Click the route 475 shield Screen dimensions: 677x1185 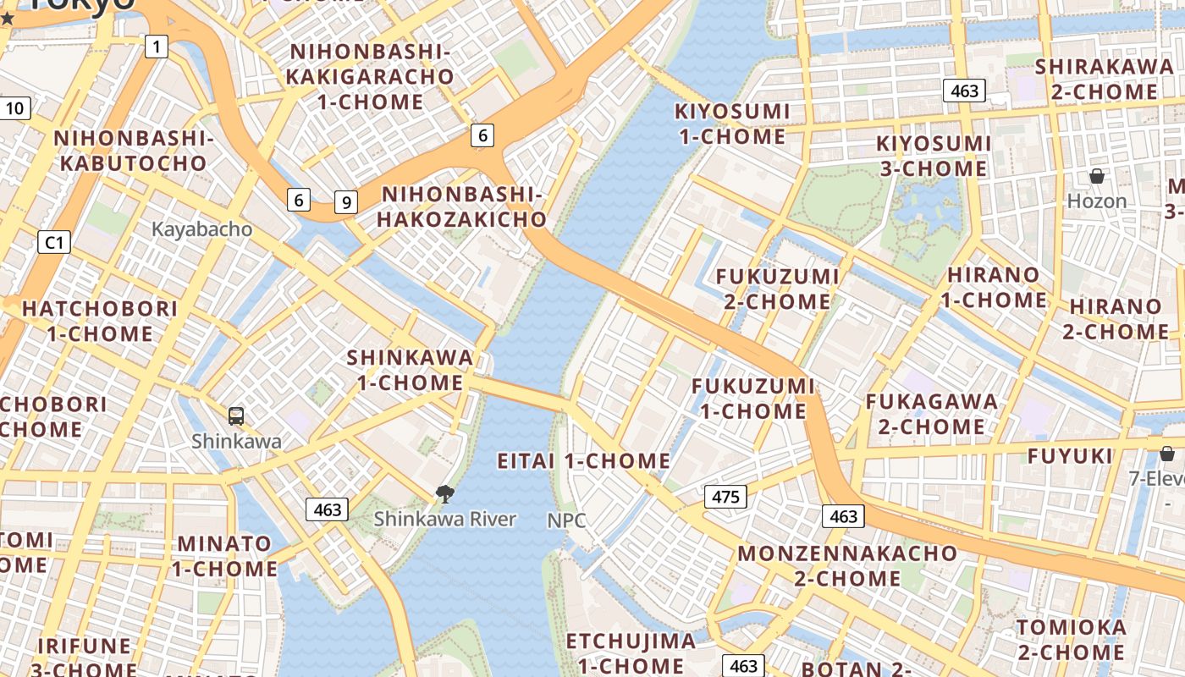725,497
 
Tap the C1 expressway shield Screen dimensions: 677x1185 54,243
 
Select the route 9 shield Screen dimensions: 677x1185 345,202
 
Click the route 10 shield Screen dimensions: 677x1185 15,107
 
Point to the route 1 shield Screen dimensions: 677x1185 156,46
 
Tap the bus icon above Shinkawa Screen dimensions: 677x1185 236,416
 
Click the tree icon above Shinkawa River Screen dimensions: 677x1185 444,494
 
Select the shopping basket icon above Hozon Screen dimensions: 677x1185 1097,176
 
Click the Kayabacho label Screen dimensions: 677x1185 201,228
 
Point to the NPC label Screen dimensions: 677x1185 566,520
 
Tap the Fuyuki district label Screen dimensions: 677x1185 1070,456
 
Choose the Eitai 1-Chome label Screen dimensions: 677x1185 583,461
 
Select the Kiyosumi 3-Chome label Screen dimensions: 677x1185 934,156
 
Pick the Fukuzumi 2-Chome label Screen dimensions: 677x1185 777,289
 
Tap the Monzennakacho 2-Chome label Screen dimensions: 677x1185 847,565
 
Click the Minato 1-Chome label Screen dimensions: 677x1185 224,556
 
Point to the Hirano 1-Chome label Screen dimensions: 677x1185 994,287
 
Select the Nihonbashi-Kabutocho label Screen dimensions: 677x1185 133,150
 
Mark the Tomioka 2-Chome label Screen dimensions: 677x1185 1072,640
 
